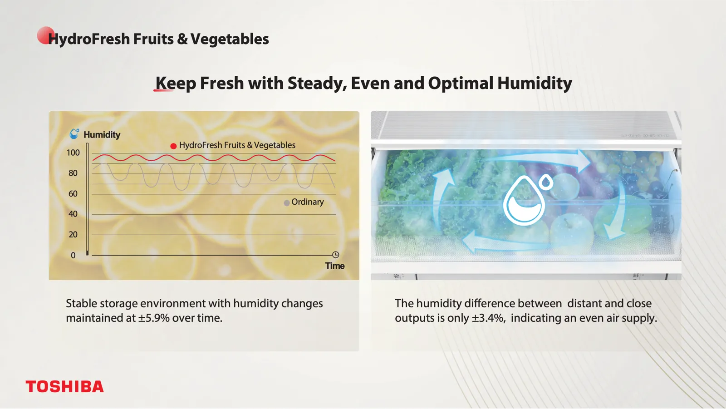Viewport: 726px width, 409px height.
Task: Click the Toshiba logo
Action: pos(65,386)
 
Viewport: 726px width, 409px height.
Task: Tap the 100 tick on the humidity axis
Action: pos(73,153)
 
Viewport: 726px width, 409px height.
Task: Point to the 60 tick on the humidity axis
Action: pos(73,194)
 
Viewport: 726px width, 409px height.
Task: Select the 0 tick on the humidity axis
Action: pos(73,255)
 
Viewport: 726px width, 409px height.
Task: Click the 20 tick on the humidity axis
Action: pos(73,235)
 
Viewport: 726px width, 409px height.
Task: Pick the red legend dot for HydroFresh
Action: pos(173,146)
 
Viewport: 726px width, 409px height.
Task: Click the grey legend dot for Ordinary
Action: pos(286,203)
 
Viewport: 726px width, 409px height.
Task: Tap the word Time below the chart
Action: pos(335,266)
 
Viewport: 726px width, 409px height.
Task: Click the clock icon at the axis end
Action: pos(335,255)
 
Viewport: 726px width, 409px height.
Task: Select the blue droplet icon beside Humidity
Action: pos(74,133)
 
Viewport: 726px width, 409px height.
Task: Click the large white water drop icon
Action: pos(527,199)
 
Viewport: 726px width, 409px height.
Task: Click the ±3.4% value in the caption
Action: pos(488,318)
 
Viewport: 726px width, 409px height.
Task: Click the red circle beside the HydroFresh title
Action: pos(45,35)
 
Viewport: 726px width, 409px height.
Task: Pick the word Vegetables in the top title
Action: pos(230,39)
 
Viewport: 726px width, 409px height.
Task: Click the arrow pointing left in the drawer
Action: pos(502,244)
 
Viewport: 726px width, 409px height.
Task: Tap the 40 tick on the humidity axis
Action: pos(73,214)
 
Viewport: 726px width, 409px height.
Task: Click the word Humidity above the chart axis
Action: pos(102,135)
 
